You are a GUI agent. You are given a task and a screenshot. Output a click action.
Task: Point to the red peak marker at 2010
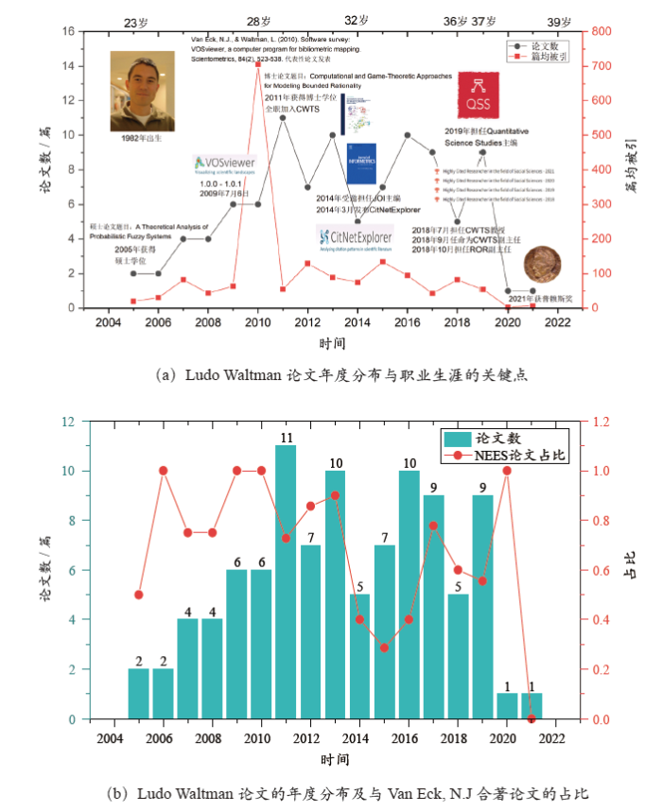coord(258,65)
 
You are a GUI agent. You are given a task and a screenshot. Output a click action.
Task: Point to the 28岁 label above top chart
coord(258,21)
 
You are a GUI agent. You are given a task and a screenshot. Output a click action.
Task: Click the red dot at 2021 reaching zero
coord(531,718)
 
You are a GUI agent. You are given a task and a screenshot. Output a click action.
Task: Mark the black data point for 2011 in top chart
coord(283,117)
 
